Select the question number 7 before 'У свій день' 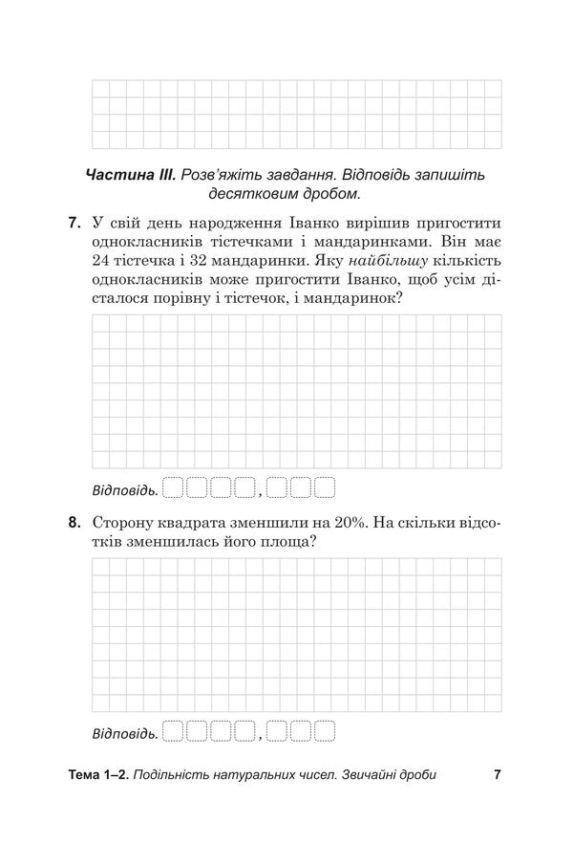[x=74, y=225]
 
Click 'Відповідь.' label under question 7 [x=124, y=490]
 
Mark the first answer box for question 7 [x=173, y=489]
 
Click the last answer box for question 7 [x=325, y=489]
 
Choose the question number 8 [x=74, y=523]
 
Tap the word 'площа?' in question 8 [x=288, y=542]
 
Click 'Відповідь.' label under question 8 [x=124, y=734]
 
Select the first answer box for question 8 [x=173, y=733]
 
